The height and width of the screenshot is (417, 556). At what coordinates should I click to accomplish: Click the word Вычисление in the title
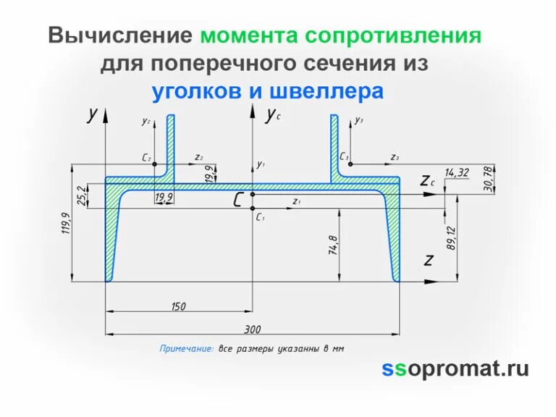click(120, 36)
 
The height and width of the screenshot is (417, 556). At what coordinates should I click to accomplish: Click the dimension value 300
click(252, 329)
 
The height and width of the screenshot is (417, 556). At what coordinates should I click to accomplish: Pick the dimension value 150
click(178, 306)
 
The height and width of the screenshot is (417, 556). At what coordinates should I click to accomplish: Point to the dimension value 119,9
click(65, 224)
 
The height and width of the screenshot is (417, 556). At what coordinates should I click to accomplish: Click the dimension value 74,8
click(333, 245)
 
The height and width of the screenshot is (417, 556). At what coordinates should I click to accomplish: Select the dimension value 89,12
click(451, 238)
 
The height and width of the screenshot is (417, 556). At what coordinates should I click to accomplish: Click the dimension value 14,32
click(457, 172)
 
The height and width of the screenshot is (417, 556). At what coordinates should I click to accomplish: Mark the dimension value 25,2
click(81, 194)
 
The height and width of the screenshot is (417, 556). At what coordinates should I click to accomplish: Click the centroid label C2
click(147, 157)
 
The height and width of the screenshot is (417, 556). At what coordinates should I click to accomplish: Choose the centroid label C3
click(344, 156)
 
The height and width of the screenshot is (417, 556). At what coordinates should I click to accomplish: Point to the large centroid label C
click(238, 200)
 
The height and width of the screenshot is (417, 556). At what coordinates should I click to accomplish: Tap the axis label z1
click(296, 201)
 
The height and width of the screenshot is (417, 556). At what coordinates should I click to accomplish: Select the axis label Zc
click(427, 180)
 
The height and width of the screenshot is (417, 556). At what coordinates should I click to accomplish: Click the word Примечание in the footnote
click(186, 348)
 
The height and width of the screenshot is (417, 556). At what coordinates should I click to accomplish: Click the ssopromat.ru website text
click(455, 368)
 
